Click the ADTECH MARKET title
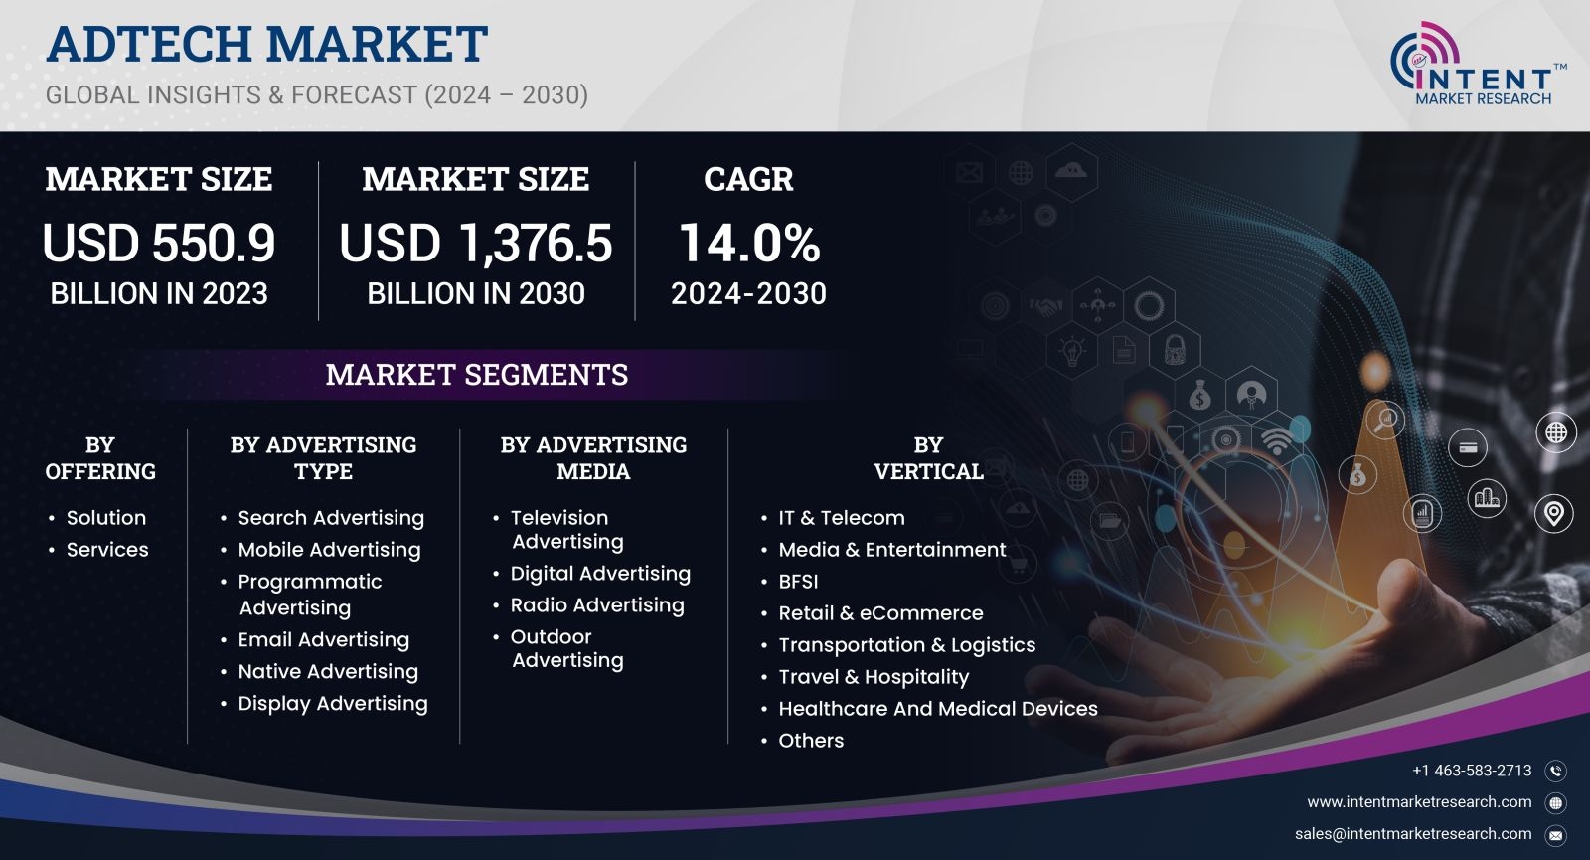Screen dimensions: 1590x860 point(267,44)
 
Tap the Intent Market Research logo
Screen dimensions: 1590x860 point(1478,64)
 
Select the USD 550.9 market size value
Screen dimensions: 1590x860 point(158,243)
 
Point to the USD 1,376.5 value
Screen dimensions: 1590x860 point(476,243)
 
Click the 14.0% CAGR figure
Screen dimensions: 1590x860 point(749,243)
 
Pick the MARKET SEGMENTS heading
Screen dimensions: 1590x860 point(476,374)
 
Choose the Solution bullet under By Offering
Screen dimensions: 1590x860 point(105,518)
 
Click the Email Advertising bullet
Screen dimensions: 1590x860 point(323,640)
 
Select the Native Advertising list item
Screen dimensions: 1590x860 point(327,672)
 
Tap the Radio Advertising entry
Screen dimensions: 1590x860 point(596,605)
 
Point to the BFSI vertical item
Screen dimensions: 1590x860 point(798,582)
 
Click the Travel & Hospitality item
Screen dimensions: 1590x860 point(874,677)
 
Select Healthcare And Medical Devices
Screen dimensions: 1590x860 point(938,709)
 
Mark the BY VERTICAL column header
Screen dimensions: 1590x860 point(928,458)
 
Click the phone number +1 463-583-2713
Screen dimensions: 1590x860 point(1472,771)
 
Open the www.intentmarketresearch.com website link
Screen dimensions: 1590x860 point(1419,801)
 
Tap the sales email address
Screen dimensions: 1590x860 point(1412,834)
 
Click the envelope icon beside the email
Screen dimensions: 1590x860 point(1555,835)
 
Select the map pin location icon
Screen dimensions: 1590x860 point(1554,513)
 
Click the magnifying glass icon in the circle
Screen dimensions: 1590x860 point(1385,420)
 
